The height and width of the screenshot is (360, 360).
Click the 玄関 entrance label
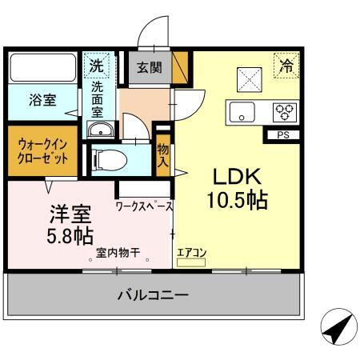(x=150, y=67)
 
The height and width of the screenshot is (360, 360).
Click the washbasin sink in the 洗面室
(x=99, y=131)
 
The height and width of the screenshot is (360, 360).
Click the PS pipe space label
(x=282, y=134)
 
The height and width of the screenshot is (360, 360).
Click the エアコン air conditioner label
(x=191, y=254)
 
